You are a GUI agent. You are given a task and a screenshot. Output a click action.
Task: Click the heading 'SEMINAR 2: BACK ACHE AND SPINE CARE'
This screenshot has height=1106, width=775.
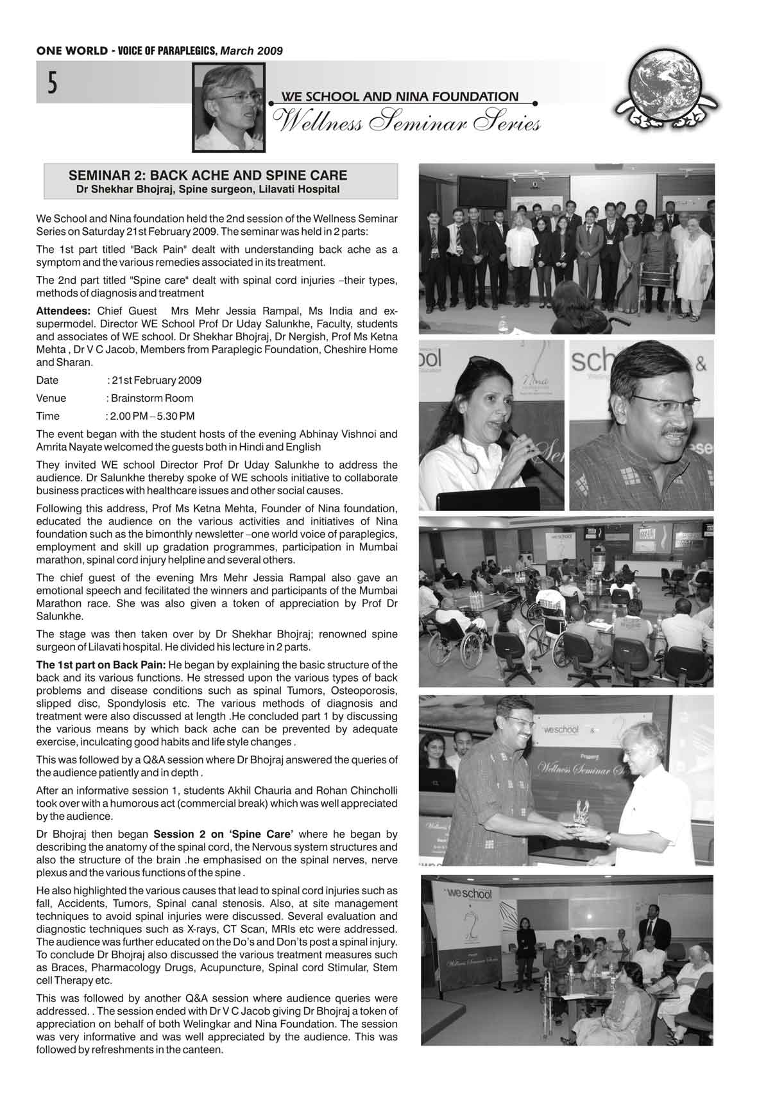(208, 175)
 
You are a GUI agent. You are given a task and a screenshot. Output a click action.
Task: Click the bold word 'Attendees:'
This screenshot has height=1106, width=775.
(63, 311)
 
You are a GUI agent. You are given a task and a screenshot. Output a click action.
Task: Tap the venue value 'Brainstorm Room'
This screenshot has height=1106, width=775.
(152, 398)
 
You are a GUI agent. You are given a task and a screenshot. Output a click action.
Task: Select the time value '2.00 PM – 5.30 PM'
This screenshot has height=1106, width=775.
(152, 416)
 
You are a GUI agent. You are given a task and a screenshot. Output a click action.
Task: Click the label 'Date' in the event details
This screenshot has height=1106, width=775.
(47, 380)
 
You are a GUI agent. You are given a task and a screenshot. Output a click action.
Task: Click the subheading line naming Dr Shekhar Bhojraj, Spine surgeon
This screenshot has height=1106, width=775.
(208, 190)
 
